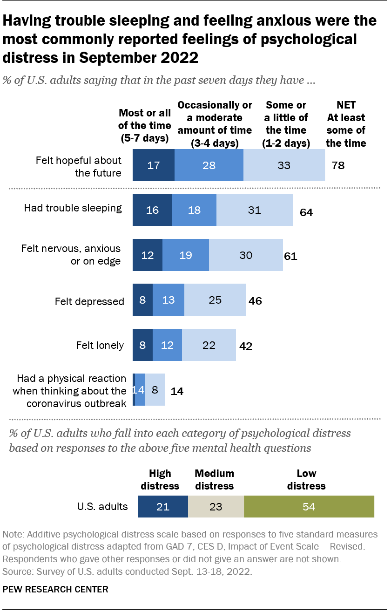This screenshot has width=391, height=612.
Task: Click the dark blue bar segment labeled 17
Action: [154, 165]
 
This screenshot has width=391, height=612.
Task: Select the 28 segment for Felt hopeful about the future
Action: [209, 165]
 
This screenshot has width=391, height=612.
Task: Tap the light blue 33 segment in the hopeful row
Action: [284, 165]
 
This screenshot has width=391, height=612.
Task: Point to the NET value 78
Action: [338, 165]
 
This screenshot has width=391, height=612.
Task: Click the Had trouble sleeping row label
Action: [73, 208]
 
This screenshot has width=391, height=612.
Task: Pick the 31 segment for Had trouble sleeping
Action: [255, 210]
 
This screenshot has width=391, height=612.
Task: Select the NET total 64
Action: [306, 213]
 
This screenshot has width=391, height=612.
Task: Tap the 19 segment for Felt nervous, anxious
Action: [186, 255]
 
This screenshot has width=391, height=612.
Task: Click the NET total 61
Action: [290, 256]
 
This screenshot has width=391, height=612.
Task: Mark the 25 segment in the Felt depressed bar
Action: [215, 300]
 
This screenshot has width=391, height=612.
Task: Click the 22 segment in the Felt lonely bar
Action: [209, 345]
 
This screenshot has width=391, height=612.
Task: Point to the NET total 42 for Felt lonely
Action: [245, 346]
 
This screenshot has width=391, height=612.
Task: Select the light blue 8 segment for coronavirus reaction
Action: [155, 390]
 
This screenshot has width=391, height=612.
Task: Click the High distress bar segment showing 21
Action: [163, 506]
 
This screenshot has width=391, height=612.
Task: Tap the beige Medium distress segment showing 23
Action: [216, 506]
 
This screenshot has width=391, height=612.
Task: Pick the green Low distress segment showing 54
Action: [309, 506]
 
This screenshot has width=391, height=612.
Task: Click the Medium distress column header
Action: [214, 479]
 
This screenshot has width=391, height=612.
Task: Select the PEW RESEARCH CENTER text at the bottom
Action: [55, 589]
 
